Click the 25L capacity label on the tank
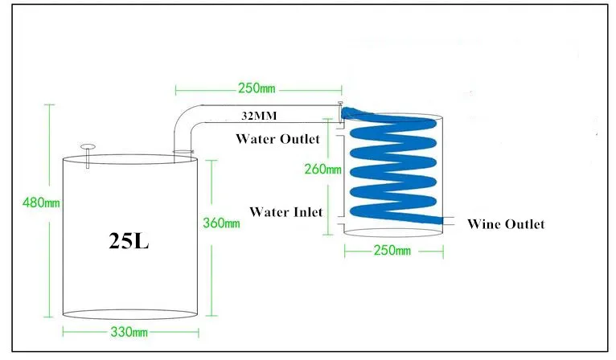point(129,240)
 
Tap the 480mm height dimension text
point(41,203)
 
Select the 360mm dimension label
point(221,223)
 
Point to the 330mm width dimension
point(129,332)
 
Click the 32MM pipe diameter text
point(259,116)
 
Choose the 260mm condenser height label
point(323,170)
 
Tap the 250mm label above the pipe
point(257,88)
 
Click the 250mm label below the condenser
point(392,251)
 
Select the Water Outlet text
point(277,139)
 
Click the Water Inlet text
point(286,212)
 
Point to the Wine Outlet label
point(506,224)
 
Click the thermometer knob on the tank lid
point(88,147)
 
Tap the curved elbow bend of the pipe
point(183,121)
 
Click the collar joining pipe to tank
point(183,152)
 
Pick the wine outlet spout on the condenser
point(448,221)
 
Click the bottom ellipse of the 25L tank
point(130,314)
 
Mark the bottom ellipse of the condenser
point(393,232)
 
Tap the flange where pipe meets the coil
point(340,113)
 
